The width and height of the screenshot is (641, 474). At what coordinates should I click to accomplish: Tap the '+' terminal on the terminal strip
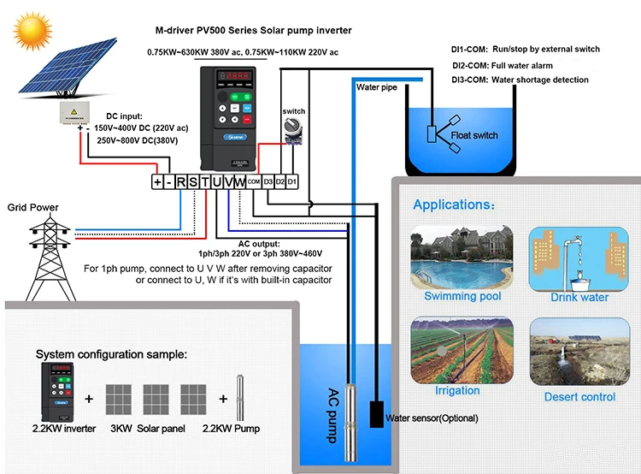(x=157, y=181)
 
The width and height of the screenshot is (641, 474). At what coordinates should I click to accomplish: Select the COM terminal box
(x=254, y=181)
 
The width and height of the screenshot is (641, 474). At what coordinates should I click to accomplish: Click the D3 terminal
(x=268, y=181)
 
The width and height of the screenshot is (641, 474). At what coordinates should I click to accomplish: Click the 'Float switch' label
(x=474, y=135)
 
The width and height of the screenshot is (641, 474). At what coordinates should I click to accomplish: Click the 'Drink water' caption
(x=579, y=297)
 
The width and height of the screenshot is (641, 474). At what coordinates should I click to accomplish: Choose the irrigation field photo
(x=462, y=350)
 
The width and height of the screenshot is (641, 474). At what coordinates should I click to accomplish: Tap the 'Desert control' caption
(x=579, y=397)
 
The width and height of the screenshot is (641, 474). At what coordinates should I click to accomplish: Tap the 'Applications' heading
(x=453, y=205)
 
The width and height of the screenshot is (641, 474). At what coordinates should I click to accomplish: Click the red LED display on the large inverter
(x=232, y=77)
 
